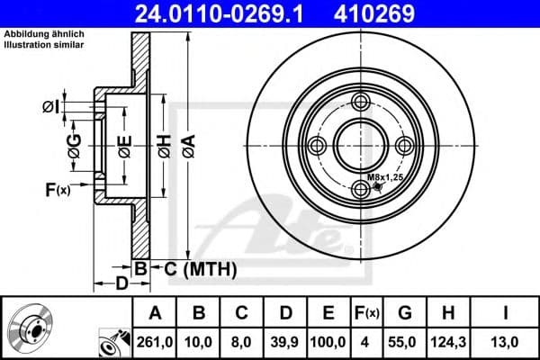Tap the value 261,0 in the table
pyautogui.click(x=155, y=341)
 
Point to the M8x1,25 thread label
pyautogui.click(x=384, y=179)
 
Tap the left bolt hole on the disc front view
pyautogui.click(x=316, y=146)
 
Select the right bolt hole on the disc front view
pyautogui.click(x=406, y=146)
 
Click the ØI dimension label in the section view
pyautogui.click(x=51, y=108)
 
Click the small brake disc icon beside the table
pyautogui.click(x=30, y=328)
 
